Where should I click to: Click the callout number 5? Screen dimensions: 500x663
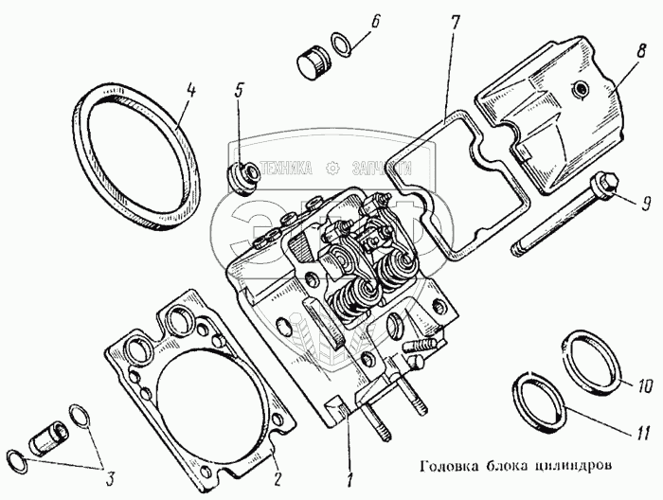click(239, 92)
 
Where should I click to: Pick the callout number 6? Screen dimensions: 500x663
click(376, 21)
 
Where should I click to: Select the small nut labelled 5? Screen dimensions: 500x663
click(242, 175)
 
